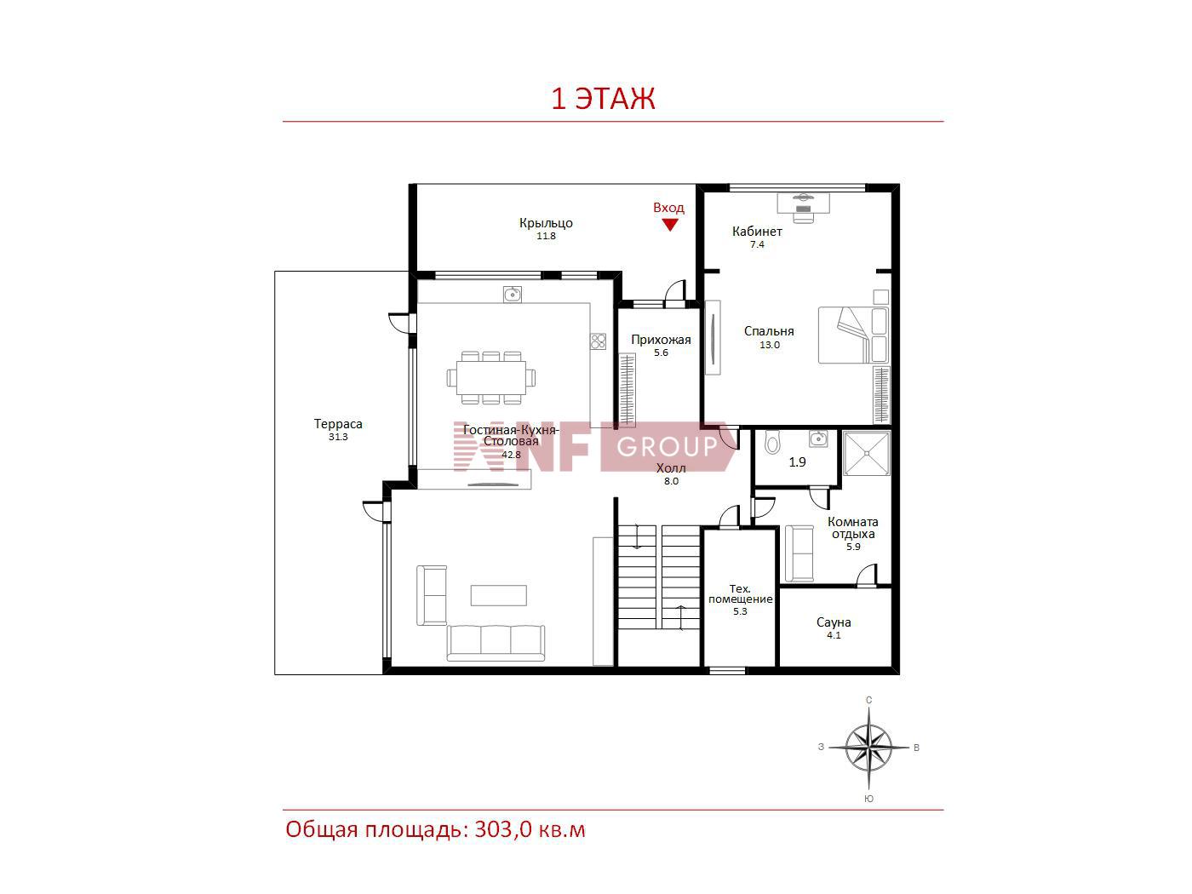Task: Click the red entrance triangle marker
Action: (669, 224)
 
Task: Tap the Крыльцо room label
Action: (546, 222)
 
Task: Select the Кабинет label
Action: (757, 232)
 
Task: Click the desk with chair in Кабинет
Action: (803, 207)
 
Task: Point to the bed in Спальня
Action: (853, 335)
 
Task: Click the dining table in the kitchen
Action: (491, 377)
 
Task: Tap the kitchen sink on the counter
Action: (512, 295)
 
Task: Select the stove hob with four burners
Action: (598, 341)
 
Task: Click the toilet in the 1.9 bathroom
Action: (771, 442)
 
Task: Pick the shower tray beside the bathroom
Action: (867, 453)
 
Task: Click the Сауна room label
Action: (834, 622)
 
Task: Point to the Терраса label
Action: (338, 424)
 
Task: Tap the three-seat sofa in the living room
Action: (496, 643)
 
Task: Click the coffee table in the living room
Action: (499, 595)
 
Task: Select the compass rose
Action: (868, 748)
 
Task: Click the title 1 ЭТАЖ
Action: (604, 99)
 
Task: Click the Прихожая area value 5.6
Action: (661, 352)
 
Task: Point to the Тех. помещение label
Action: (740, 593)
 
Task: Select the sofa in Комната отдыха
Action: (799, 553)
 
